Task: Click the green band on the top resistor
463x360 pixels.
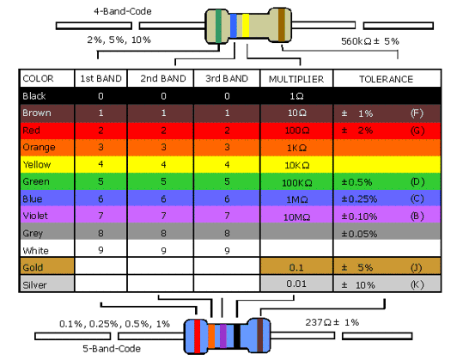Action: tap(218, 26)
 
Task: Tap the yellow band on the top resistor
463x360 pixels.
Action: tap(246, 26)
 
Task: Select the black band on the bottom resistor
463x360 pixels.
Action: tap(237, 336)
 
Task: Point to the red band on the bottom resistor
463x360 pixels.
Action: tap(197, 336)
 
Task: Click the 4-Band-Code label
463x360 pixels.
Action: tap(123, 11)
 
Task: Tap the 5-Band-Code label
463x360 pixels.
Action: tap(112, 349)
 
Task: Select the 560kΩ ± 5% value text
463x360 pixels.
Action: tap(370, 41)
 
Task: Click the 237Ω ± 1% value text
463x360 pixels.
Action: tap(332, 322)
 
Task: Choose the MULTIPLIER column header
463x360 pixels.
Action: tap(296, 79)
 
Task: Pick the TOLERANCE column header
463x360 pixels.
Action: tap(386, 79)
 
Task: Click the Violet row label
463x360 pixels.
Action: tap(35, 216)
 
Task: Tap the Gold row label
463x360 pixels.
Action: tap(33, 267)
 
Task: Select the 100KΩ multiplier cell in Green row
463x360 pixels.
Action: tap(296, 183)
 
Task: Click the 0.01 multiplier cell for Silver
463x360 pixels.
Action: tap(296, 284)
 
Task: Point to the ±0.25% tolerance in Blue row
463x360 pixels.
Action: tap(359, 199)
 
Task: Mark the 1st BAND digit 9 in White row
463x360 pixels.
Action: tap(101, 250)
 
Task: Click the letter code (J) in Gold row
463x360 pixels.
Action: tap(417, 267)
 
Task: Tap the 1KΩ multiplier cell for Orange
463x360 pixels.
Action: tap(296, 148)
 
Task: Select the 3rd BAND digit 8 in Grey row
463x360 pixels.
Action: tap(227, 234)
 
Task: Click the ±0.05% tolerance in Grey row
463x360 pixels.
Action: tap(359, 234)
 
